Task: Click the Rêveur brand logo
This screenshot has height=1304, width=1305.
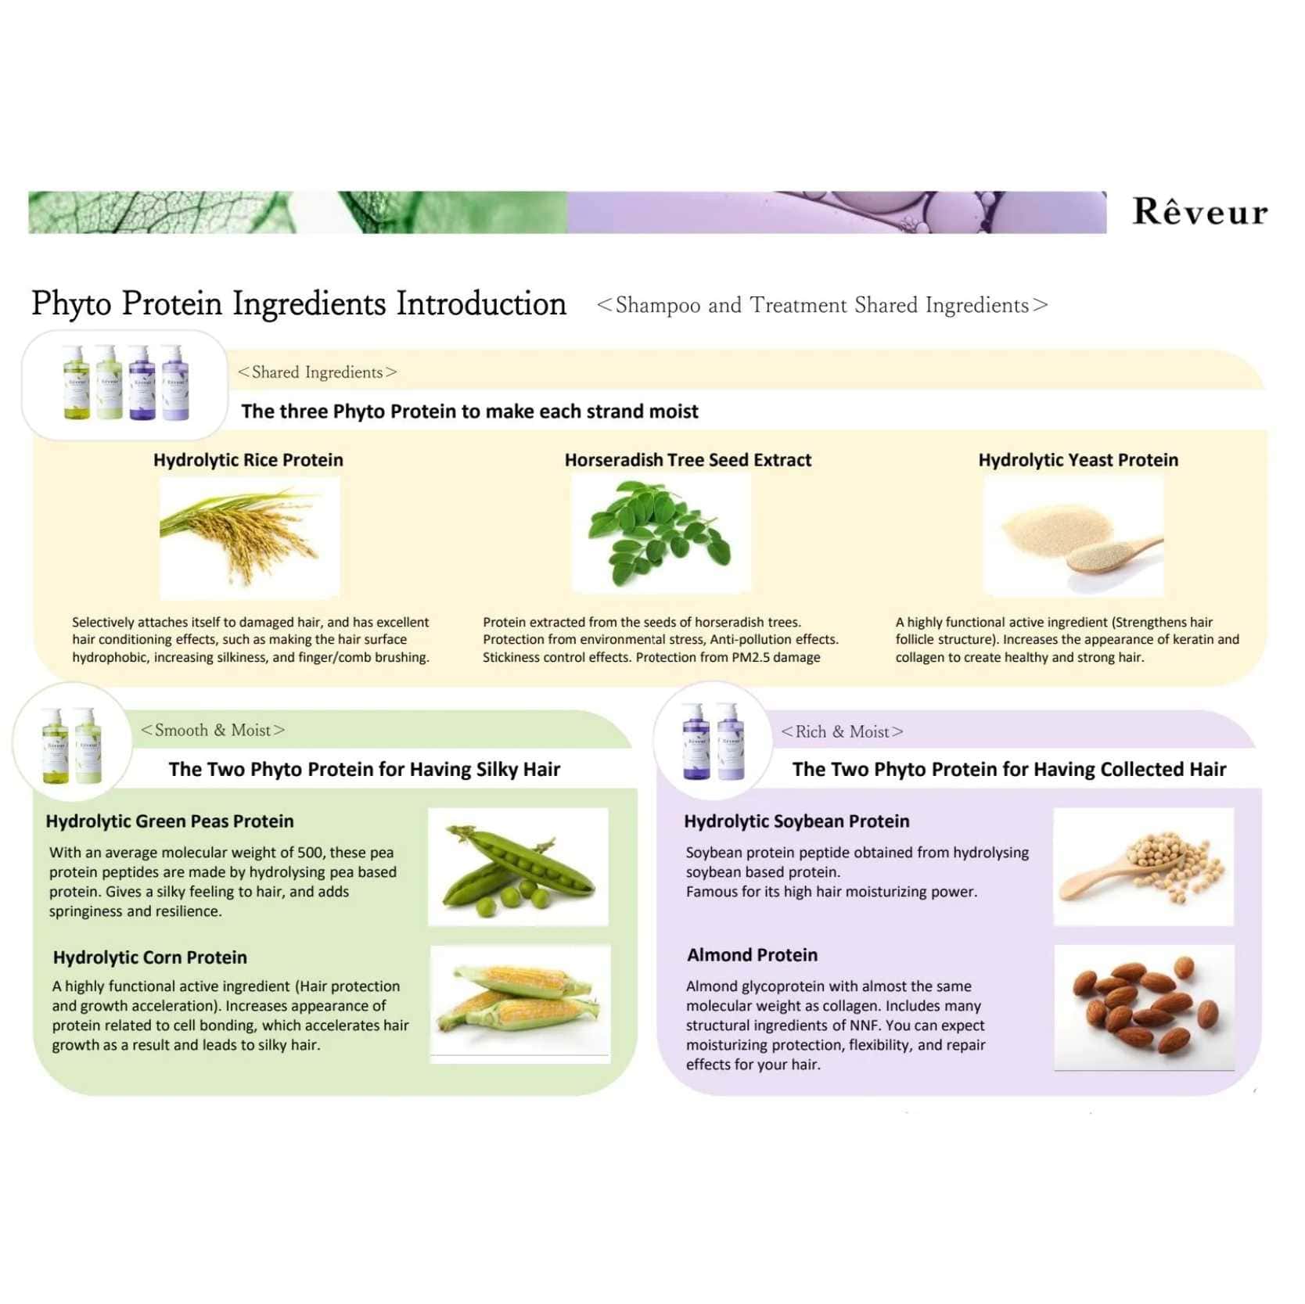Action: (1199, 212)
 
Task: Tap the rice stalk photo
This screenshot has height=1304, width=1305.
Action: (250, 538)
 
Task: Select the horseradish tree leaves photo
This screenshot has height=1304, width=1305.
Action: (661, 533)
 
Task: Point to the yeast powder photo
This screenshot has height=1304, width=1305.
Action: (1073, 537)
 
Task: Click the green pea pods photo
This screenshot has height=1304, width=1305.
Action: (518, 867)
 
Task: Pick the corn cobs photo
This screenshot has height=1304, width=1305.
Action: (520, 1004)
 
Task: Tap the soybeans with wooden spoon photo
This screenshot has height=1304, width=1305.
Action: (1143, 867)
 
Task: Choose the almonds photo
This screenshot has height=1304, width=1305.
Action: (1144, 1008)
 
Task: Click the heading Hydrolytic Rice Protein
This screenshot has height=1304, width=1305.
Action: (248, 460)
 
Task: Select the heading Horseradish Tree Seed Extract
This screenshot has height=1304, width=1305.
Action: (688, 460)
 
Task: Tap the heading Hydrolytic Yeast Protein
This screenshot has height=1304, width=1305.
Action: (1078, 460)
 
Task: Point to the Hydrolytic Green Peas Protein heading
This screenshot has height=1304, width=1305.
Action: (170, 821)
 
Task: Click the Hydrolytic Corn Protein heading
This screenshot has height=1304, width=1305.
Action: (150, 957)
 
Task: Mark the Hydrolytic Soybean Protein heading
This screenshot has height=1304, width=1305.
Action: (796, 821)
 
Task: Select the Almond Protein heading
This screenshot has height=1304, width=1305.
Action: (752, 955)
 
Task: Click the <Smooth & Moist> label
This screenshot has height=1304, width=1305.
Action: (213, 730)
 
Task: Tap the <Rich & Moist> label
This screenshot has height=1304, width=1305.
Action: (842, 731)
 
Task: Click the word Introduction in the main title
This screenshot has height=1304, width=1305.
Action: (481, 304)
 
